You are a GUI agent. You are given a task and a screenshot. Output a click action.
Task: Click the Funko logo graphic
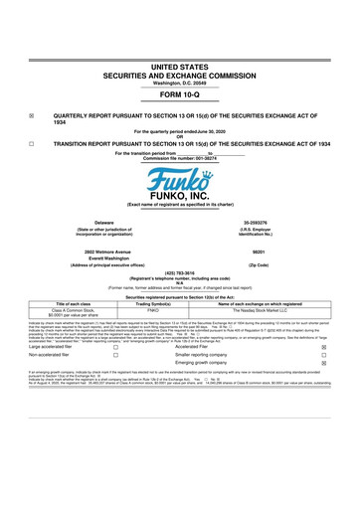pyautogui.click(x=180, y=182)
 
